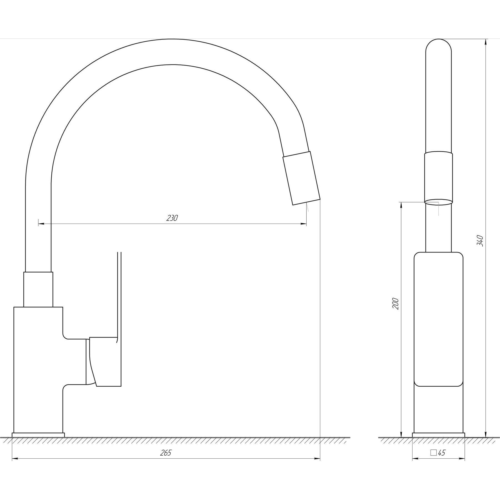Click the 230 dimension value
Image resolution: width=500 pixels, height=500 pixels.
pos(172,218)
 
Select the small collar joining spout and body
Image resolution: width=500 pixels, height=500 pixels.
pos(38,289)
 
